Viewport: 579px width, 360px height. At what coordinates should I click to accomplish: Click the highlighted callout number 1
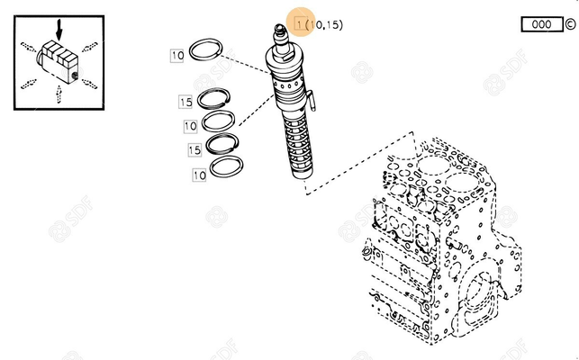click(298, 24)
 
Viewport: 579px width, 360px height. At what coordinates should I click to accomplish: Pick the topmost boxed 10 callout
click(177, 56)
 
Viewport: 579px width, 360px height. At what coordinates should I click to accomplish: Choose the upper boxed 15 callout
click(185, 101)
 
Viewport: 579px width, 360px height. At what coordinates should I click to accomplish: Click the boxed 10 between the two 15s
click(190, 125)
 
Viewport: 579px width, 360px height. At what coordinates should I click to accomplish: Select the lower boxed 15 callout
click(194, 149)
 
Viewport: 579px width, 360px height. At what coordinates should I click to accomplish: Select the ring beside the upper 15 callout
click(216, 98)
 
